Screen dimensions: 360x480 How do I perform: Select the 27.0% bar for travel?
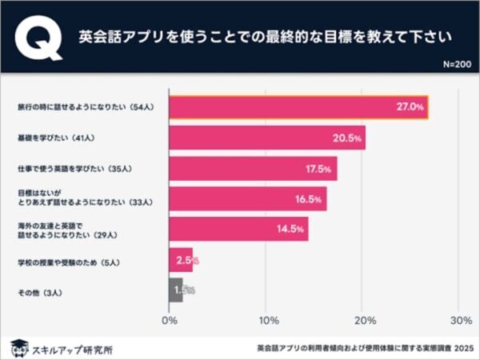tap(298, 107)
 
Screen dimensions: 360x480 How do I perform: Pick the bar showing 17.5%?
tap(253, 169)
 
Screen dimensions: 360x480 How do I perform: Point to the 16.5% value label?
tap(308, 199)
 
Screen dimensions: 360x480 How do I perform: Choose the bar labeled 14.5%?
tap(238, 230)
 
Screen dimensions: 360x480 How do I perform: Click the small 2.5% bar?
tap(180, 261)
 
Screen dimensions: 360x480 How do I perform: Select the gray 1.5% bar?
tap(176, 290)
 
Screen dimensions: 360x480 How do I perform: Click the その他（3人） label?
tap(39, 291)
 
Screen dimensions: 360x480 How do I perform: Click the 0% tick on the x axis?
tap(169, 321)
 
